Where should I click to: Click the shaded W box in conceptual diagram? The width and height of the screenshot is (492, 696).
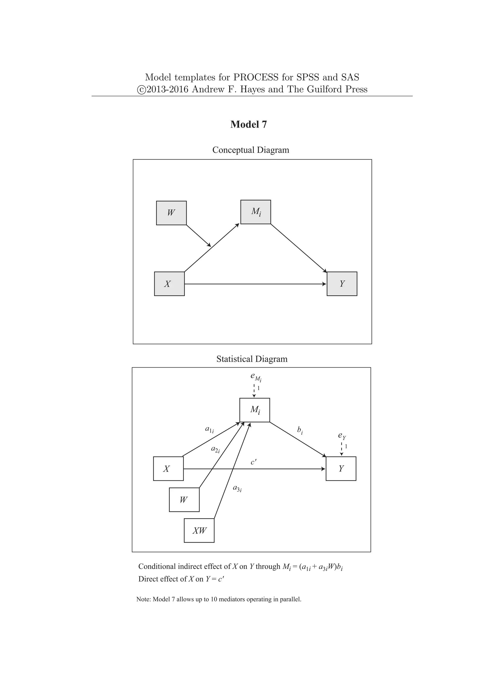click(x=171, y=213)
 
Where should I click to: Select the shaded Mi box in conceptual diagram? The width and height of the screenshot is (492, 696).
click(x=255, y=212)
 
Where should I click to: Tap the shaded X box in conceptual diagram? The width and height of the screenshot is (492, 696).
click(x=169, y=284)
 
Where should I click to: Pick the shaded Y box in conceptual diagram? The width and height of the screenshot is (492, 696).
click(x=342, y=284)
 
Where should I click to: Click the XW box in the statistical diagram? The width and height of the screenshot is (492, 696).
click(x=199, y=530)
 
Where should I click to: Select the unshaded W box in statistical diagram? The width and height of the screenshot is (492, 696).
click(x=184, y=500)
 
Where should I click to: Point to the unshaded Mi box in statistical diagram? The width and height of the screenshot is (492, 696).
click(x=254, y=410)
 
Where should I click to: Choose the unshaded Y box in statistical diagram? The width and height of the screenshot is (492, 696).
click(x=341, y=469)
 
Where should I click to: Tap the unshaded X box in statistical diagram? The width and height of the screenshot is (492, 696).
click(x=168, y=469)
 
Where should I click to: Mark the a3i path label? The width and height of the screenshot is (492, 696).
click(x=237, y=488)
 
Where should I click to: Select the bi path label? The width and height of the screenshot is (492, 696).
click(x=300, y=430)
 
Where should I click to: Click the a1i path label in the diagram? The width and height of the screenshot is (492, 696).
click(x=209, y=429)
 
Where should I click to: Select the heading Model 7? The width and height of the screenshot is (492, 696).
click(x=248, y=124)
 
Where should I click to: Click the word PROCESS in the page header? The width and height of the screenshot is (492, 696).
click(x=256, y=77)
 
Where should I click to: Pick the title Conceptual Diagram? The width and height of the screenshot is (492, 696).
click(x=251, y=150)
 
